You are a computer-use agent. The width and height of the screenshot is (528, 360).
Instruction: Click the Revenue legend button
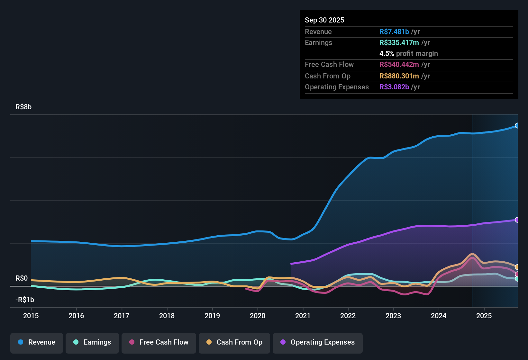[x=37, y=342]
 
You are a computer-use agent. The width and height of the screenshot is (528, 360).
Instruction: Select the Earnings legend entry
[x=92, y=342]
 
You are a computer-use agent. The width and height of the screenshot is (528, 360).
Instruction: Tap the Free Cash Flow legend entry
[x=159, y=342]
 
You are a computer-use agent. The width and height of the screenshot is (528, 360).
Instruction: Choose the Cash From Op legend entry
[x=234, y=342]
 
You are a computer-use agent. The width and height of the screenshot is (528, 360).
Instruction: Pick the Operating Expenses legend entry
[x=318, y=342]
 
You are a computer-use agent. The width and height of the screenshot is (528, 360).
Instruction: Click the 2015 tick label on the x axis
[x=31, y=316]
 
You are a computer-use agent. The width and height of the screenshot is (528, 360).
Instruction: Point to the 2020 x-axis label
[x=258, y=316]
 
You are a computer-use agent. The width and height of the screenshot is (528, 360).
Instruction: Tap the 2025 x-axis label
[x=484, y=316]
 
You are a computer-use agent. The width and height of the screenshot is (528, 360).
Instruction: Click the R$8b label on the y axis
[x=23, y=107]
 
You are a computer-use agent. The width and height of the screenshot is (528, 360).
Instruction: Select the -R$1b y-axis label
[x=25, y=300]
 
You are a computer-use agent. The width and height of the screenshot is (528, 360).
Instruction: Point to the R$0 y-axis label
[x=22, y=278]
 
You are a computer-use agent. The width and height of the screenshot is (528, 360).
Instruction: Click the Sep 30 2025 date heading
[x=324, y=20]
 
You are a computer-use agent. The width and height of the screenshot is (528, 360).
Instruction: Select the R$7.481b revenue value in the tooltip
[x=394, y=32]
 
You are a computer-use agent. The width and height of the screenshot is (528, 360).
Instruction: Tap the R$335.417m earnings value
[x=399, y=43]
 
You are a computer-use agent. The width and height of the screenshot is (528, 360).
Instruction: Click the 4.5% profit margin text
[x=408, y=54]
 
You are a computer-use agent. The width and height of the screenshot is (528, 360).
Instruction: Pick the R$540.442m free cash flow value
[x=399, y=65]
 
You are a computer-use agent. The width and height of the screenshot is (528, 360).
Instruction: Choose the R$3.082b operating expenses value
[x=394, y=87]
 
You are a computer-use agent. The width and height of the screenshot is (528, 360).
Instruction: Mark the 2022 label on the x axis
[x=348, y=316]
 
